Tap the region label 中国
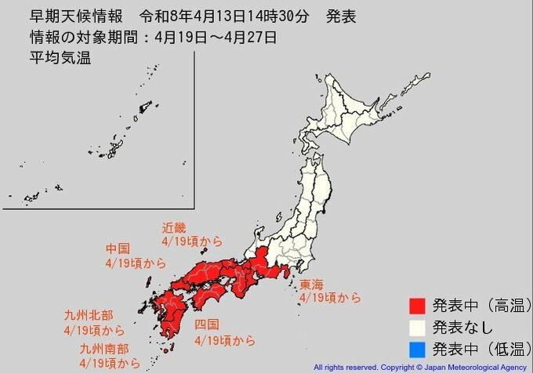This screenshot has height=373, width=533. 120,250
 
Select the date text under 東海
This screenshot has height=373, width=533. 330,299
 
